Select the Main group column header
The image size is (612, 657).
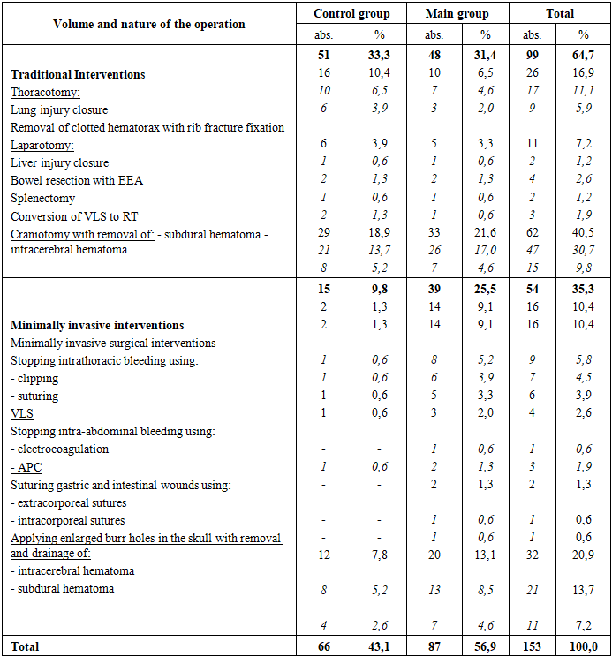tap(457, 14)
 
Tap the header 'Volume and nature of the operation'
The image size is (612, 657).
tap(149, 24)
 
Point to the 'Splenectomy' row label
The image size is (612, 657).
tap(42, 199)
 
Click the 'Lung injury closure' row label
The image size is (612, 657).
tap(59, 110)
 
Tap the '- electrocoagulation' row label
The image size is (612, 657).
tap(60, 449)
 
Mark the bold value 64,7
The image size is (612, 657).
tap(583, 57)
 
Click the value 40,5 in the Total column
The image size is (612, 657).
tap(583, 234)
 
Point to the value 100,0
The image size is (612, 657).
tap(583, 647)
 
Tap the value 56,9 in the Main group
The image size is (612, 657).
tap(485, 647)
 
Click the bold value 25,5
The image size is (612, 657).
tap(485, 291)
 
